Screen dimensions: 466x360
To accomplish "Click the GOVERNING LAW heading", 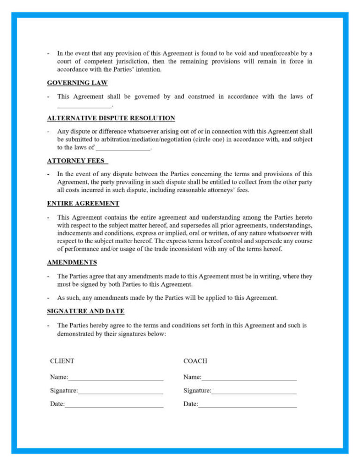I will (77, 83).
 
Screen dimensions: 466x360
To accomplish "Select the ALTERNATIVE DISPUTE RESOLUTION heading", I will (111, 118).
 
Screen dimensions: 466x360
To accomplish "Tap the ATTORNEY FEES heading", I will (77, 161).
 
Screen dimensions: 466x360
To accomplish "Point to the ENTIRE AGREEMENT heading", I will (83, 203).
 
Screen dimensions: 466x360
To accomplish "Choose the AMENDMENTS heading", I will (72, 262).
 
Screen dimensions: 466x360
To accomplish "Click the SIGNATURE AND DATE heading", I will (86, 311).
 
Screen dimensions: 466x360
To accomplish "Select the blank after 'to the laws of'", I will (123, 148).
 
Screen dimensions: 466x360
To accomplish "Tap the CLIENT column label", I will (62, 361).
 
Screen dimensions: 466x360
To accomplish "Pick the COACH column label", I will (195, 361).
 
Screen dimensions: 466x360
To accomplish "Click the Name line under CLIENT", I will (116, 377).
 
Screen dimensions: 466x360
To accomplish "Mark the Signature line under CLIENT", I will (120, 391).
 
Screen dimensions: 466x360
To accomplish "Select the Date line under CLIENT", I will (114, 405).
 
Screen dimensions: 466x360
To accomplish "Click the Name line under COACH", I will (249, 377).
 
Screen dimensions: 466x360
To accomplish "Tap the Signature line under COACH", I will (254, 391).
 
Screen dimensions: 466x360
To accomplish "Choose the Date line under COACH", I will (247, 405).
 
